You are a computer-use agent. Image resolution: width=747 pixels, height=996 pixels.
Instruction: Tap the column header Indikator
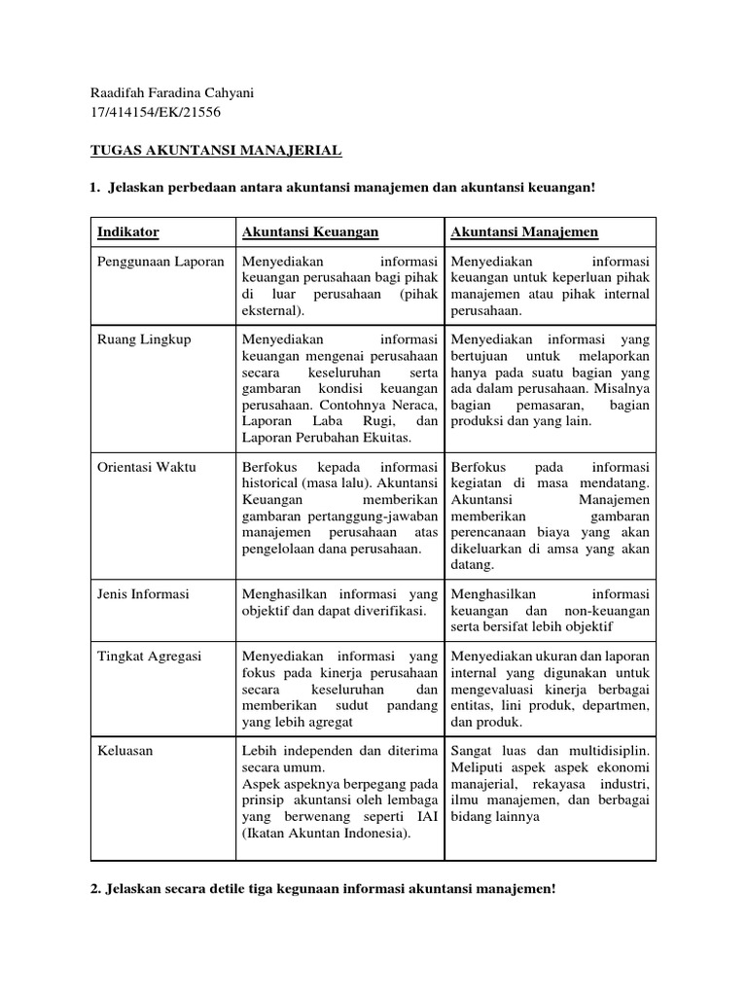(128, 232)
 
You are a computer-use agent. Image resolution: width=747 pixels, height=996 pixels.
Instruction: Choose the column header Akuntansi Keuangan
(310, 232)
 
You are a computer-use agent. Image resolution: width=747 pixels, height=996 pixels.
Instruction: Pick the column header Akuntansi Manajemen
(524, 232)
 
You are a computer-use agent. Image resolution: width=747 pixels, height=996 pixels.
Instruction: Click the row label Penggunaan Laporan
(160, 262)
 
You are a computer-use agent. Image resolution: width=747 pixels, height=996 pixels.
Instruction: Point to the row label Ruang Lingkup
(144, 339)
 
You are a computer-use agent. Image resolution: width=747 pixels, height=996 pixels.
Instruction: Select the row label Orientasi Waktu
(147, 467)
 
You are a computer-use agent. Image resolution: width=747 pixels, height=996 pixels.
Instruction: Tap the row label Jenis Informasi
(143, 593)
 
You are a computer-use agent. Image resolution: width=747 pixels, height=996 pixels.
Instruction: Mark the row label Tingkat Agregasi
(149, 657)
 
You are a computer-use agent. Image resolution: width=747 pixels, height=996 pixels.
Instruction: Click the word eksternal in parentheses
(270, 311)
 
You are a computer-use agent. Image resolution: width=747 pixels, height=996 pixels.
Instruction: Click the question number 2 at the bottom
(95, 889)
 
